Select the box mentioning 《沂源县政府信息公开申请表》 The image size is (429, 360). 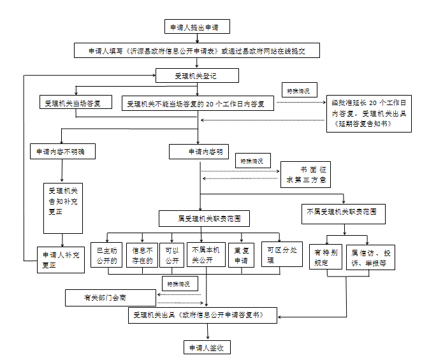point(196,51)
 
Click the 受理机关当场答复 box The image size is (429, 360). point(76,102)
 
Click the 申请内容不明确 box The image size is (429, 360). point(61,152)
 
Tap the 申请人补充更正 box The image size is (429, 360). point(61,259)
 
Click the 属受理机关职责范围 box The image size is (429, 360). point(204,219)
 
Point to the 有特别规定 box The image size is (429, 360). point(326,257)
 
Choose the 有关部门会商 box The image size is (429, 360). point(110,297)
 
